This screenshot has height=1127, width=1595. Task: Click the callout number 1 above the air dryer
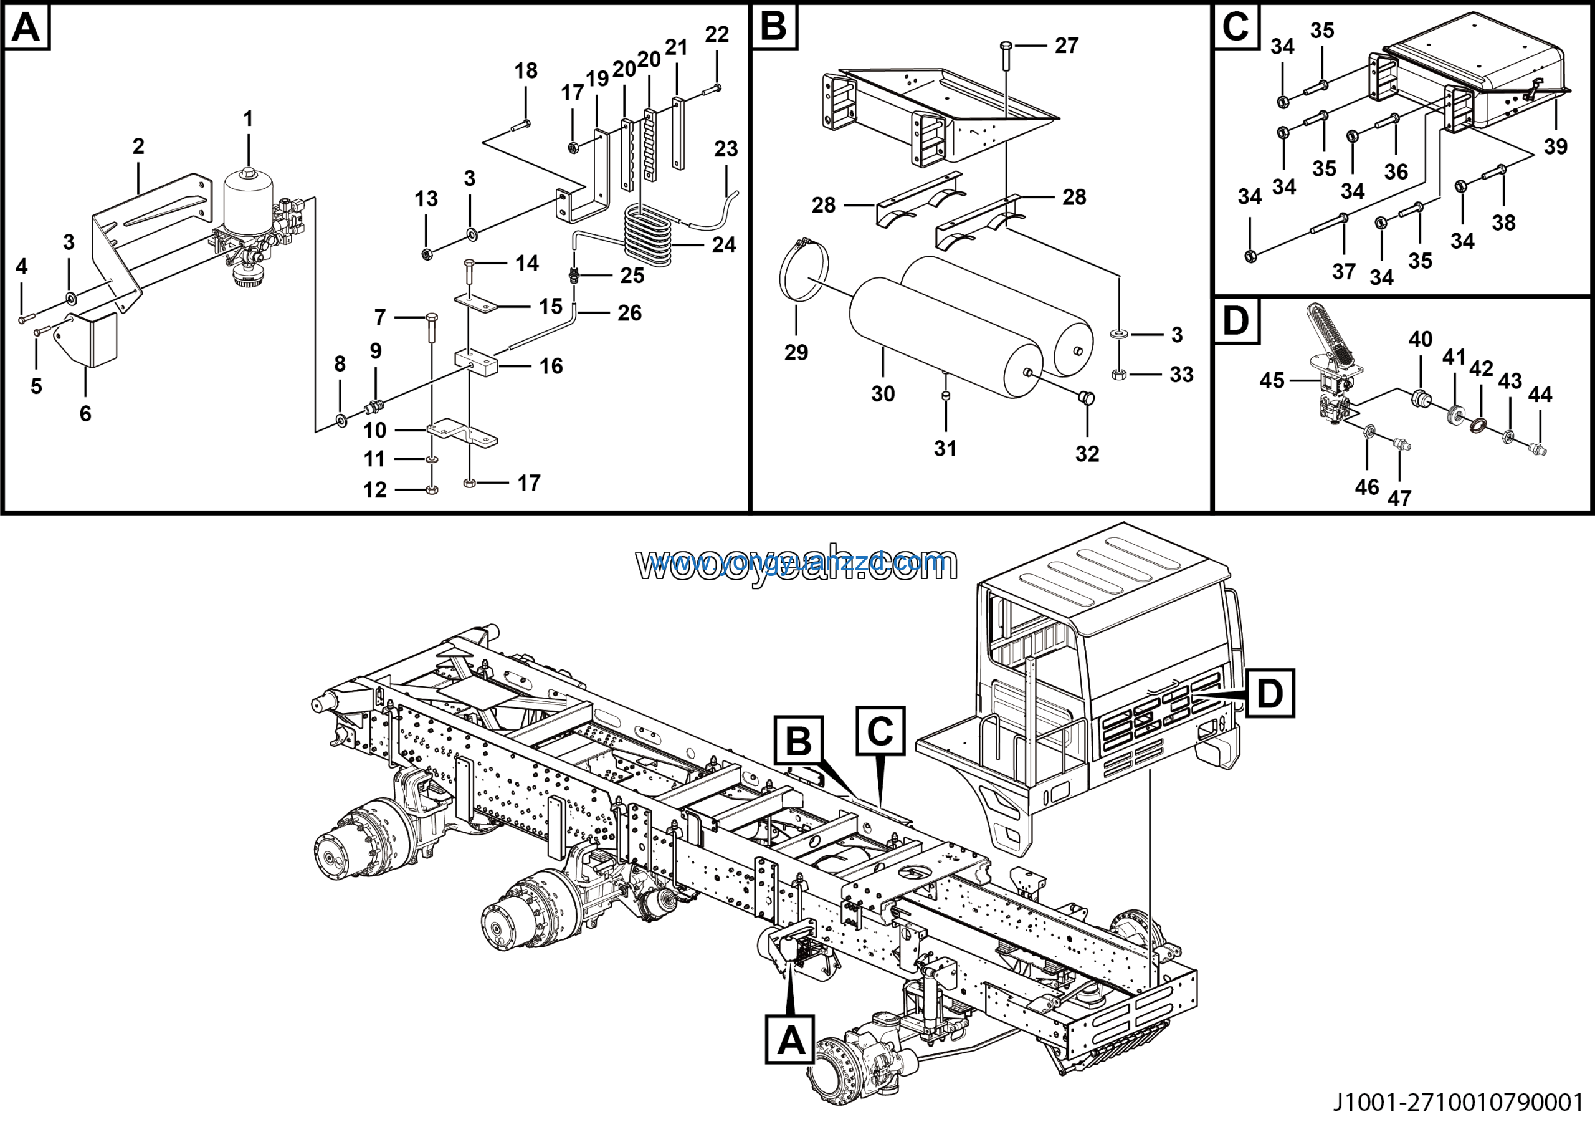tap(248, 119)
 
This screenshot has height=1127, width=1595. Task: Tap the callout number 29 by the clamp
tap(796, 352)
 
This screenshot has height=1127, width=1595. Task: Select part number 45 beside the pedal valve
tap(1272, 381)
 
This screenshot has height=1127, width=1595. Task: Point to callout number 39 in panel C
tap(1555, 146)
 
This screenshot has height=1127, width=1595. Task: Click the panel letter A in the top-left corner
tap(26, 29)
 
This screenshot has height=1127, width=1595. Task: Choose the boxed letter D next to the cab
tap(1270, 693)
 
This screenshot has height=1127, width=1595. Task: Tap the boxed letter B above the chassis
tap(798, 741)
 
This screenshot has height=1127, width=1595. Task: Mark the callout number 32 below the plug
tap(1087, 454)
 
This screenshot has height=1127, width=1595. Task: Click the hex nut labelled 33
tap(1118, 375)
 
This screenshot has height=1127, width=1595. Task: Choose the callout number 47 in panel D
tap(1399, 498)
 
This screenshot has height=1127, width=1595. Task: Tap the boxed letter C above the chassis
tap(880, 731)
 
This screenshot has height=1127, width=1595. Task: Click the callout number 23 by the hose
tap(726, 149)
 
